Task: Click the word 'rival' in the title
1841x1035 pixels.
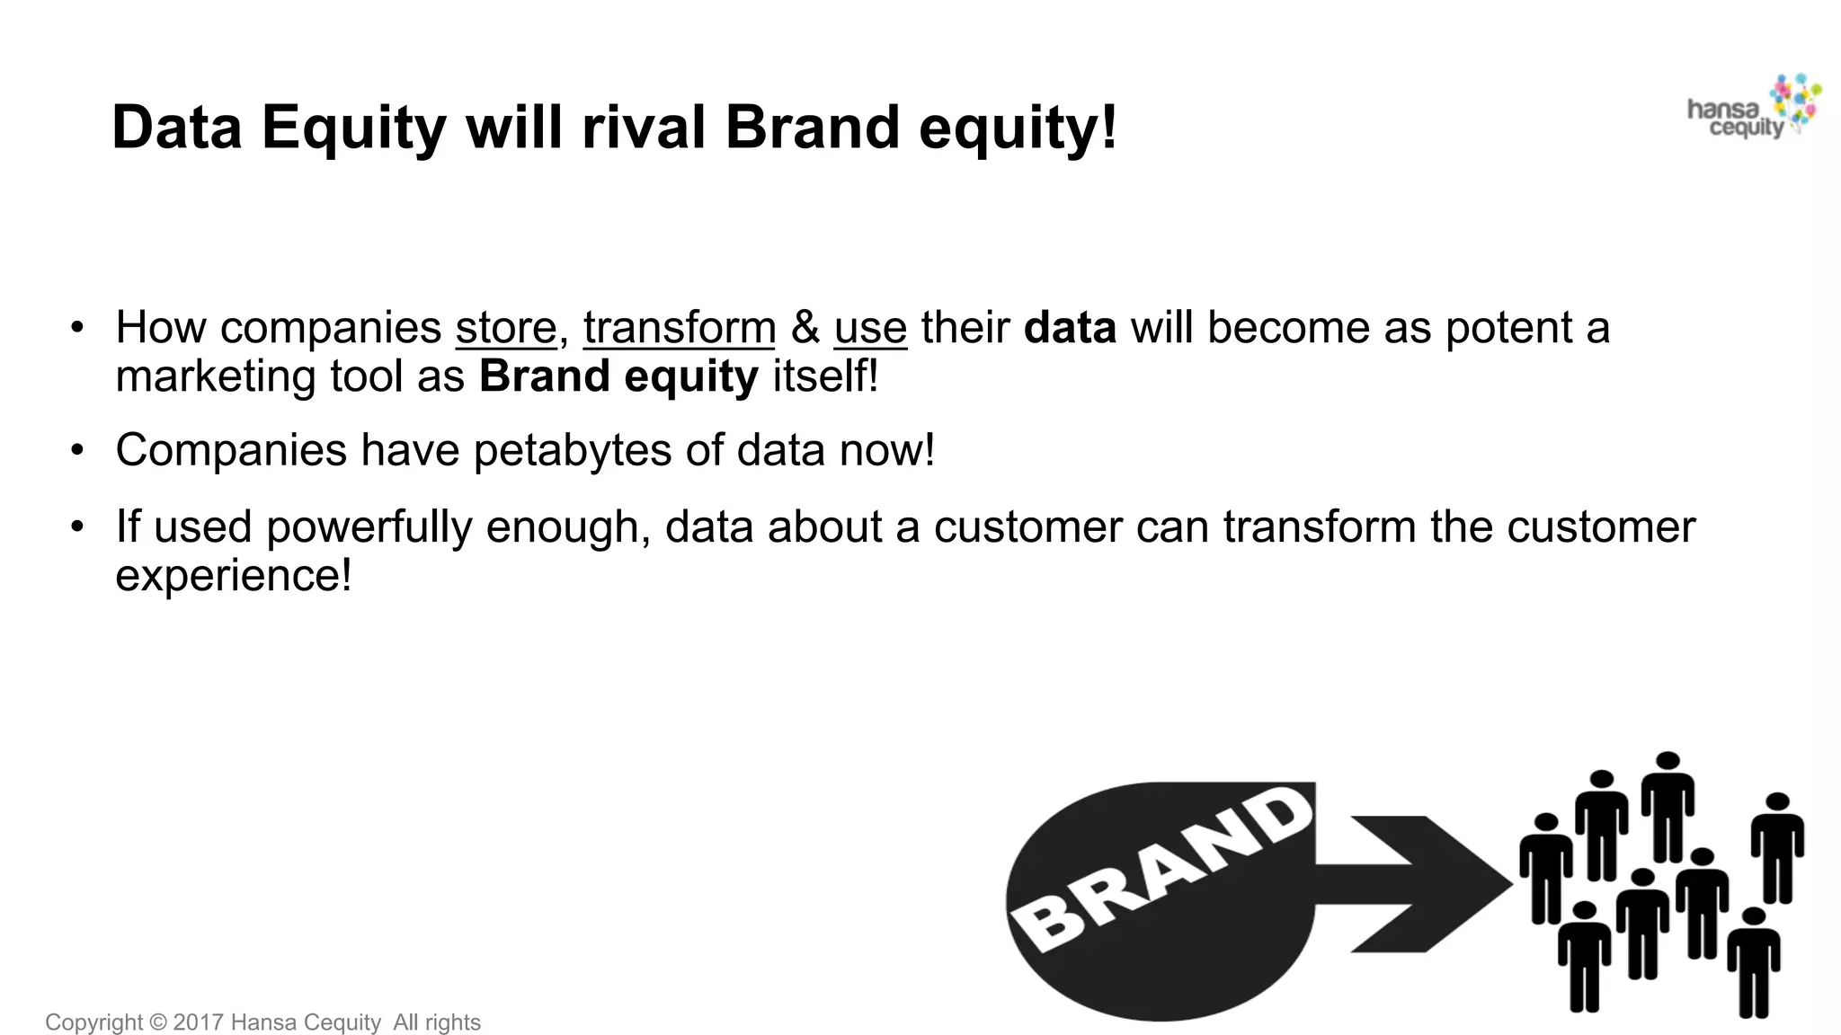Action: click(644, 128)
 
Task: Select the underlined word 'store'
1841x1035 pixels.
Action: click(506, 328)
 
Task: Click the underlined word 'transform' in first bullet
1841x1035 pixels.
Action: click(679, 328)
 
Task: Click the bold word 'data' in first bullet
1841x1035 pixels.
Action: click(1070, 328)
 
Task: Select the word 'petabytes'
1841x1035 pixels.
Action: click(573, 451)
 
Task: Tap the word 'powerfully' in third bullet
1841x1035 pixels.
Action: click(369, 528)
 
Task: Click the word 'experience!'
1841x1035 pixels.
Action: click(234, 576)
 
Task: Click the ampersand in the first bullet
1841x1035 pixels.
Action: click(805, 328)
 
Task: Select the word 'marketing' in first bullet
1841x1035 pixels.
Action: click(216, 377)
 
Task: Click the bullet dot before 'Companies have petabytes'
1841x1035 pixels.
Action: click(78, 449)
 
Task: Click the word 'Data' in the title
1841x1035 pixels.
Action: click(177, 128)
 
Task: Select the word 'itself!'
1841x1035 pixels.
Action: click(825, 376)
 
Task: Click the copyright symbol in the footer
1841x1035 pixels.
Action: click(158, 1022)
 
